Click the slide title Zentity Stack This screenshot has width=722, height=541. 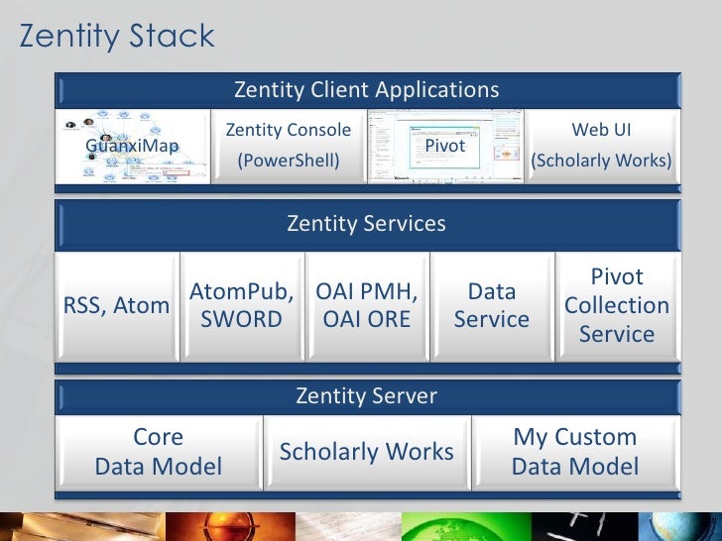[117, 38]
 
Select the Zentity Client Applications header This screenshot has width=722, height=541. [367, 90]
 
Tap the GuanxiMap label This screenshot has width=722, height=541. [132, 147]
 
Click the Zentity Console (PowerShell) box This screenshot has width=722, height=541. [289, 146]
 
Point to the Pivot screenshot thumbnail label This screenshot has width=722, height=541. [445, 147]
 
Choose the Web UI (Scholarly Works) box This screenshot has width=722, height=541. [601, 146]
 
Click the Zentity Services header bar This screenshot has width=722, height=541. [367, 224]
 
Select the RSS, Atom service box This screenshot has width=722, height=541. [117, 307]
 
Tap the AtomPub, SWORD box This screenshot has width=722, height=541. [242, 306]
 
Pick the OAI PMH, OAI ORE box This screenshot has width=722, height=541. [367, 306]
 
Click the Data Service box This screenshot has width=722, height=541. [492, 306]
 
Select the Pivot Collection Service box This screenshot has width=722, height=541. [617, 306]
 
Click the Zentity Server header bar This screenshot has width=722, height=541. [367, 396]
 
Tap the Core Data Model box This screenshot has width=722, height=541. [159, 452]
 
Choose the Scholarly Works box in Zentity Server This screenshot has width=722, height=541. [367, 452]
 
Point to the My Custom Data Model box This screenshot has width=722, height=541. [575, 452]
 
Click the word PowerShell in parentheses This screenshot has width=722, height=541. [289, 161]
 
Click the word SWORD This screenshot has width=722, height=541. [242, 320]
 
